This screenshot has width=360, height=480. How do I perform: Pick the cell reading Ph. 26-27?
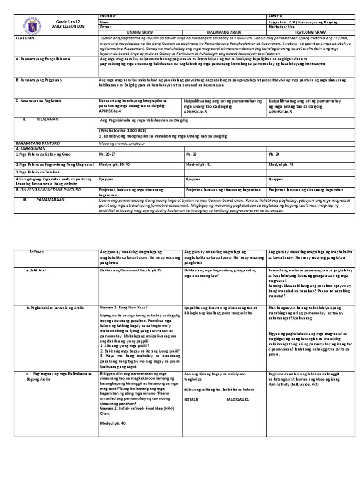tap(106, 154)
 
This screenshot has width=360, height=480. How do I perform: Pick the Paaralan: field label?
tap(108, 16)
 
